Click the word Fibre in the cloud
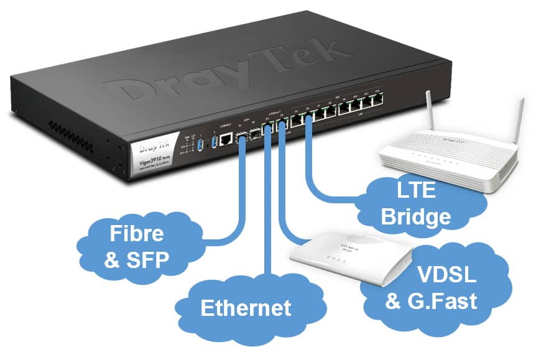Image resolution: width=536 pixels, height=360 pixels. click(x=137, y=234)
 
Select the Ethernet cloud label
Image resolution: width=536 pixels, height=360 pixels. click(x=246, y=308)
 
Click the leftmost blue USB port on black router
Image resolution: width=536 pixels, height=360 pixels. click(x=200, y=144)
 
